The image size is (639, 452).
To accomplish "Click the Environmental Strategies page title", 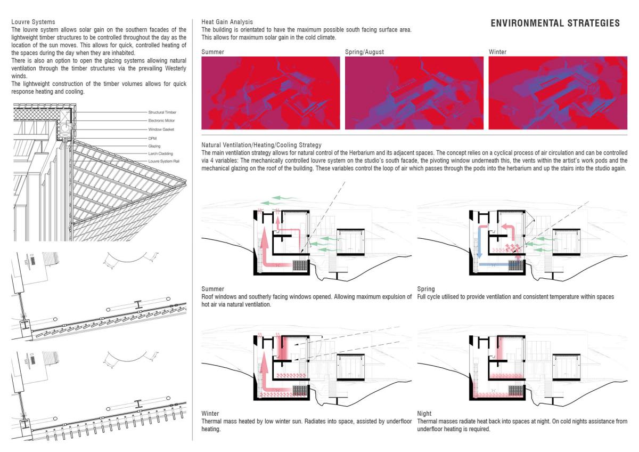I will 555,23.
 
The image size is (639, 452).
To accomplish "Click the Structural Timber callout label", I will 162,112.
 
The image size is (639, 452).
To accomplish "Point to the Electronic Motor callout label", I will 161,121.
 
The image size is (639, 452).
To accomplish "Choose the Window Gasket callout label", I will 161,130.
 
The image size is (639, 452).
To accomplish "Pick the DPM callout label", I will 152,138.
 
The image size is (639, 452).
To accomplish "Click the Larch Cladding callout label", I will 160,154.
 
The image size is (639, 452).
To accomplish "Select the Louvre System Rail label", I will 162,161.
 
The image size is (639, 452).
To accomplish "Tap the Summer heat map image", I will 271,93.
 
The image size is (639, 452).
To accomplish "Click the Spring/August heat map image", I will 414,93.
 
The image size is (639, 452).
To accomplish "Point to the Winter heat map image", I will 557,93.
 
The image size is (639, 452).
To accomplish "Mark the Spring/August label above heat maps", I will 364,52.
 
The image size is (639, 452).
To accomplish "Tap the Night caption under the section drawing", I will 424,413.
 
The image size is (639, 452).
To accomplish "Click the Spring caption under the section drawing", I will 426,289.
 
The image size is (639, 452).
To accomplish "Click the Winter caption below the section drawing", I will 210,413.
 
